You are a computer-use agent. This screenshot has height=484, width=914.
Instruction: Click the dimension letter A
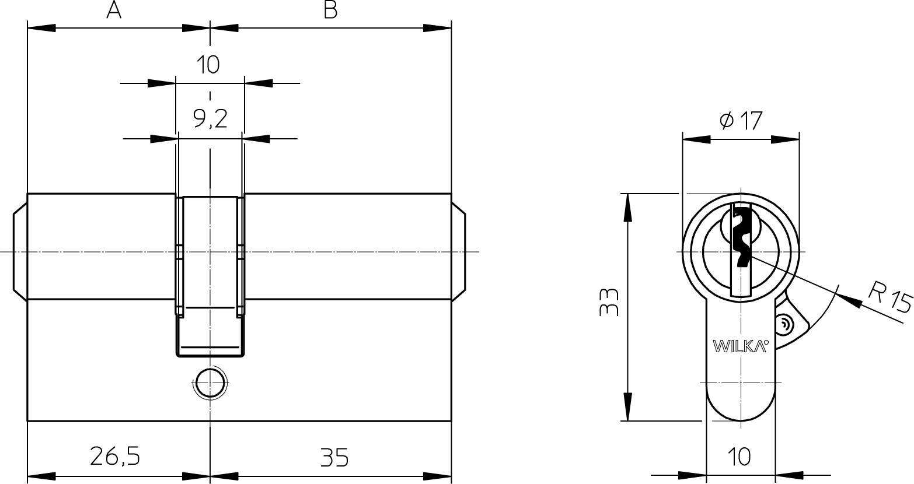point(114,10)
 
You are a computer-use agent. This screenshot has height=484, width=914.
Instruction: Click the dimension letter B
point(330,10)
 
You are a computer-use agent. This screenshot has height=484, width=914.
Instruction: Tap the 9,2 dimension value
point(210,119)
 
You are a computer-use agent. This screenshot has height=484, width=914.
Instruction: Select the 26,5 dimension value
point(115,456)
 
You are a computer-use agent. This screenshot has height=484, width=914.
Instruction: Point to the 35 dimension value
point(334,458)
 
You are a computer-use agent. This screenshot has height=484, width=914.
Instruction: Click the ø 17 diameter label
point(741,121)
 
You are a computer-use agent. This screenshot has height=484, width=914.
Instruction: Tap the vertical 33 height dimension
point(609,301)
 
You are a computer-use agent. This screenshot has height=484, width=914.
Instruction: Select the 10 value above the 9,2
point(208,64)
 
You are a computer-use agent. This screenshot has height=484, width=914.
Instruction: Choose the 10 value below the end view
point(739,457)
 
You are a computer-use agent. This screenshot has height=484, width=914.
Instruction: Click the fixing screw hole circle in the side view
point(210,383)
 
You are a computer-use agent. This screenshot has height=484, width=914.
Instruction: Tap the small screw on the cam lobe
point(783,325)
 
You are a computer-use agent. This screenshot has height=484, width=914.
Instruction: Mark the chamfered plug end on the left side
point(20,251)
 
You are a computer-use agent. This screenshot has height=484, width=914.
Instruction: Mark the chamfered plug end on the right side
point(459,251)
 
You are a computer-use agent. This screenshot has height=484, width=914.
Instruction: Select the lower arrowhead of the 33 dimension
point(627,406)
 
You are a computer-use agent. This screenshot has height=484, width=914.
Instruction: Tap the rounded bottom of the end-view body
point(741,419)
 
